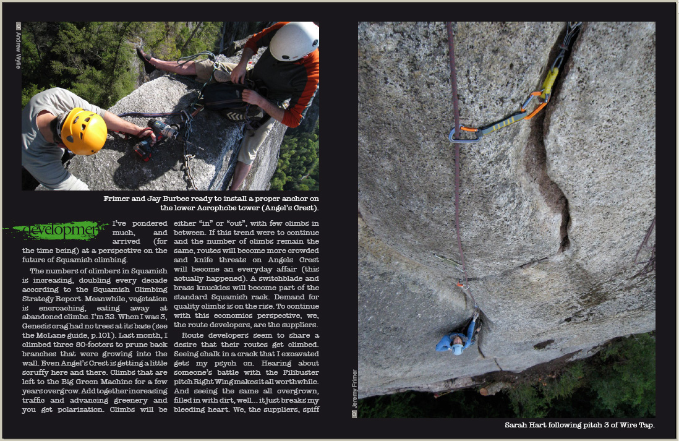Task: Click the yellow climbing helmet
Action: pyautogui.click(x=84, y=131)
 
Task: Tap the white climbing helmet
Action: pyautogui.click(x=294, y=41)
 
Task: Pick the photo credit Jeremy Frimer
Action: pyautogui.click(x=354, y=392)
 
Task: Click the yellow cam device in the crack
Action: pyautogui.click(x=549, y=80)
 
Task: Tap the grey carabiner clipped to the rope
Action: pyautogui.click(x=465, y=135)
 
